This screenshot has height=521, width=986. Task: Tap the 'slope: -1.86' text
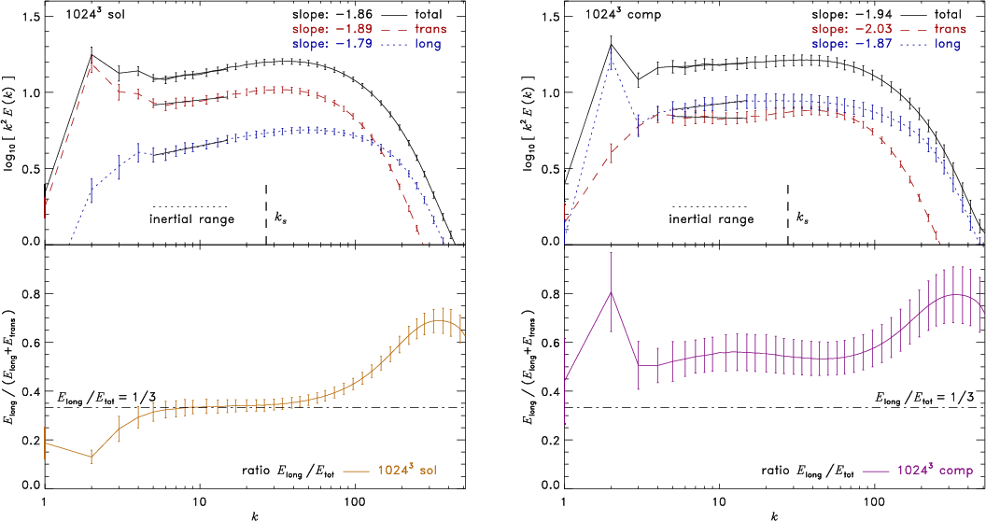[301, 15]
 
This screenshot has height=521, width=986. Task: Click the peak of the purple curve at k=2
[611, 292]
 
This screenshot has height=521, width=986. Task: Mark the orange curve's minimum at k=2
[92, 457]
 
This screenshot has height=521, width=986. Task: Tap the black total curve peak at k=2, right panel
[611, 43]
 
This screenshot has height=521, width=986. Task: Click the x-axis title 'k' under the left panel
[255, 513]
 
